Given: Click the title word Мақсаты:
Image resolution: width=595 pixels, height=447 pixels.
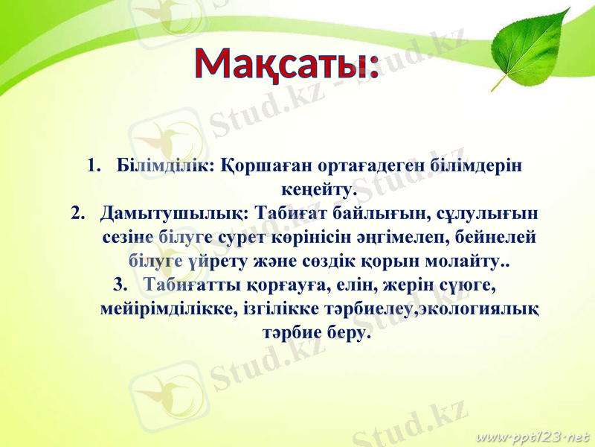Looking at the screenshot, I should (x=287, y=64).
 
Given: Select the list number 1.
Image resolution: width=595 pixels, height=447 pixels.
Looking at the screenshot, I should (x=92, y=165).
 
